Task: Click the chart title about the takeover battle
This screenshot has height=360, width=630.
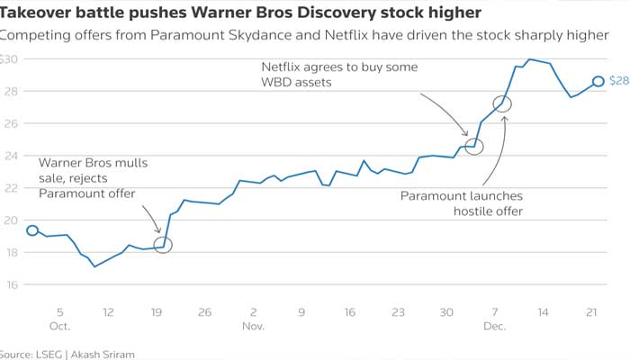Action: click(240, 13)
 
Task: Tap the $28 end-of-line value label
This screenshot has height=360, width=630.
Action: click(618, 81)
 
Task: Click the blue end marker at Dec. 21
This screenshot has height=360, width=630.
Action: click(598, 81)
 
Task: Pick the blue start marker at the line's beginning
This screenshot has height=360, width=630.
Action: click(32, 230)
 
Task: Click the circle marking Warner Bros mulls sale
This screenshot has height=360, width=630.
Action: click(163, 244)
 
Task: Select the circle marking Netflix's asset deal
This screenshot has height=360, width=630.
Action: click(474, 147)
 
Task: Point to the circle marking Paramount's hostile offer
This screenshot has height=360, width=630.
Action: click(503, 103)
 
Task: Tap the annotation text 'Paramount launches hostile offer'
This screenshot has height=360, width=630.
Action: click(461, 203)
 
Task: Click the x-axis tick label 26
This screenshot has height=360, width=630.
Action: click(204, 312)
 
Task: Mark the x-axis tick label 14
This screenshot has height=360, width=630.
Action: click(544, 312)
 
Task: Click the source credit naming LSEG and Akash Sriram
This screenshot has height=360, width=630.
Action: click(67, 354)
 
